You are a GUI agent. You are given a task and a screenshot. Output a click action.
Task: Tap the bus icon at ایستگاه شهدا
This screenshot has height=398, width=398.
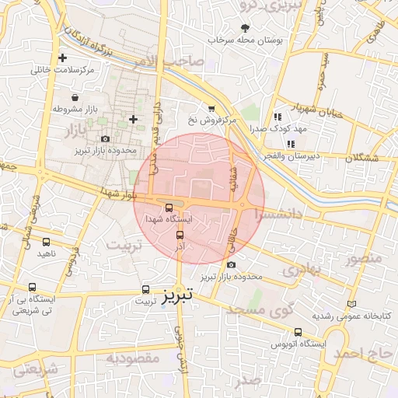click(169, 207)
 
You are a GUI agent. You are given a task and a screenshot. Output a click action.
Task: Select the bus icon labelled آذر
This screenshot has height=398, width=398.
click(180, 235)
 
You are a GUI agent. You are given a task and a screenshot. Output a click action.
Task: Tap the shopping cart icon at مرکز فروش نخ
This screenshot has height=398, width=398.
click(211, 109)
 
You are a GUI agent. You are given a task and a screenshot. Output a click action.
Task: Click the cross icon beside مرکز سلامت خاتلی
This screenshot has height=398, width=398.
click(63, 58)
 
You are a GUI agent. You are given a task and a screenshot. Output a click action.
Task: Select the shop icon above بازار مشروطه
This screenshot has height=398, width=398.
click(74, 98)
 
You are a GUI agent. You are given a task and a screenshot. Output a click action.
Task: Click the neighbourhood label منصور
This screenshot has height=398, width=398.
click(364, 257)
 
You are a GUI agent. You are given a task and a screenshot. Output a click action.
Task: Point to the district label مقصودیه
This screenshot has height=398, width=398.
click(133, 358)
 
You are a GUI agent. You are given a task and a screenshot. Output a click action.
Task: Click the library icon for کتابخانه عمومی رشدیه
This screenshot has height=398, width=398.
click(353, 303)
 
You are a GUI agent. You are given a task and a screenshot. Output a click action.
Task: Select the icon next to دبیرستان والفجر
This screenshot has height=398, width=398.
click(290, 144)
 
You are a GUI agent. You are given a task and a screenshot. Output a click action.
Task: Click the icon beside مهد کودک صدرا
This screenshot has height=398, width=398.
click(277, 117)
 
